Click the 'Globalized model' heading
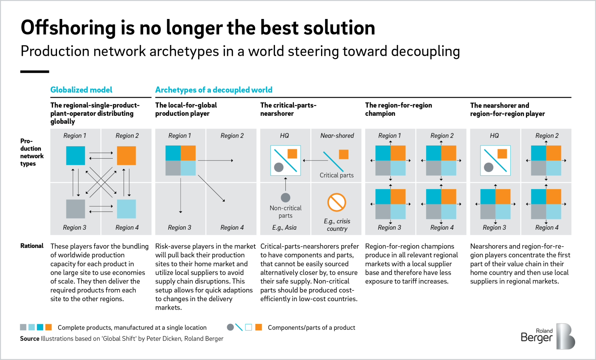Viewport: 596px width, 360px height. [x=81, y=90]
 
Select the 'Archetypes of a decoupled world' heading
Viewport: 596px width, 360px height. [x=214, y=90]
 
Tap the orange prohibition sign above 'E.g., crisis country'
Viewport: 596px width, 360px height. [x=337, y=202]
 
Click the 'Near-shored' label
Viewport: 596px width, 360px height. [x=337, y=136]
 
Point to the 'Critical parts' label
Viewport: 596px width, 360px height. [x=337, y=175]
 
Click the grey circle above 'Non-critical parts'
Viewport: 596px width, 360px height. [x=285, y=198]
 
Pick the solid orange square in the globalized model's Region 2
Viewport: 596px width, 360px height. [x=126, y=156]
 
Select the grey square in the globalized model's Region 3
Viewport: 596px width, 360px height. [x=76, y=209]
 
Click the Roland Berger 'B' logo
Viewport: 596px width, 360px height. [x=565, y=336]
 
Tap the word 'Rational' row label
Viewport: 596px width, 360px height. [x=32, y=246]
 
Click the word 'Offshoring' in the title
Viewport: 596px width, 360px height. [x=68, y=28]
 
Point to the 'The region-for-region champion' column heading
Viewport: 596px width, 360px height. [x=398, y=109]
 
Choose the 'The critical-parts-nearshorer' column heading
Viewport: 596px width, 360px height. [x=288, y=109]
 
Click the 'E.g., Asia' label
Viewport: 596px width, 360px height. [x=284, y=227]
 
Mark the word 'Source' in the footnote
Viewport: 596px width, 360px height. [x=30, y=338]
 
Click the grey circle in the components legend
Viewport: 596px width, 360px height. [x=231, y=327]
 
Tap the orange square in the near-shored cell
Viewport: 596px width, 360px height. [x=343, y=154]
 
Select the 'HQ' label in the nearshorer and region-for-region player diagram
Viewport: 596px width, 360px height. [x=494, y=136]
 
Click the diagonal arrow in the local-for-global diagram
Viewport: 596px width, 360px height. [x=212, y=188]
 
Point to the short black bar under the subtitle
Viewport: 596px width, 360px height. [x=35, y=71]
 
